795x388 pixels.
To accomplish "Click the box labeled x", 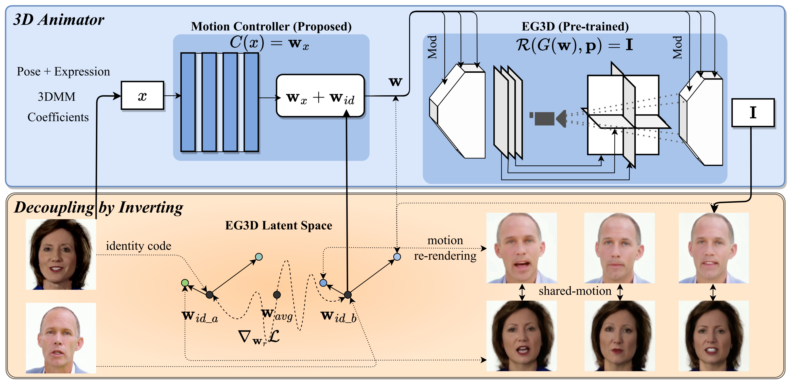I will [x=142, y=96].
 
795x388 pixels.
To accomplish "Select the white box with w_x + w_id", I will [x=320, y=96].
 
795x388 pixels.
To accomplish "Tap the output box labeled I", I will [x=753, y=113].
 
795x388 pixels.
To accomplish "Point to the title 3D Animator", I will [x=59, y=20].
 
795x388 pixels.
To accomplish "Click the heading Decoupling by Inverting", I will [x=99, y=207].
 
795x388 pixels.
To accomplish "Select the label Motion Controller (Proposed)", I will [x=271, y=27].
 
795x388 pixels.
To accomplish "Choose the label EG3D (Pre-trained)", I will [x=575, y=27].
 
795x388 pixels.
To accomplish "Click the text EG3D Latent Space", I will [x=278, y=226].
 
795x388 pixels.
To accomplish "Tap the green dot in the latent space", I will [x=185, y=283].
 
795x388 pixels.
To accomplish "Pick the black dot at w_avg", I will [x=277, y=295].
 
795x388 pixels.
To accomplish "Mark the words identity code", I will [x=138, y=246].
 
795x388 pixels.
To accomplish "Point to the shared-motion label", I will [x=575, y=291].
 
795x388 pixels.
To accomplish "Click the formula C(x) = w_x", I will [x=269, y=43].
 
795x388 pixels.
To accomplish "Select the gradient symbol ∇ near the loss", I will [x=244, y=336].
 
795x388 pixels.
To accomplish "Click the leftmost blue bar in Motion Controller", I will [x=188, y=102].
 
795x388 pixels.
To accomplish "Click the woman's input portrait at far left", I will [x=61, y=254].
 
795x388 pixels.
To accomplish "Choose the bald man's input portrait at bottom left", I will [x=61, y=338].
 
